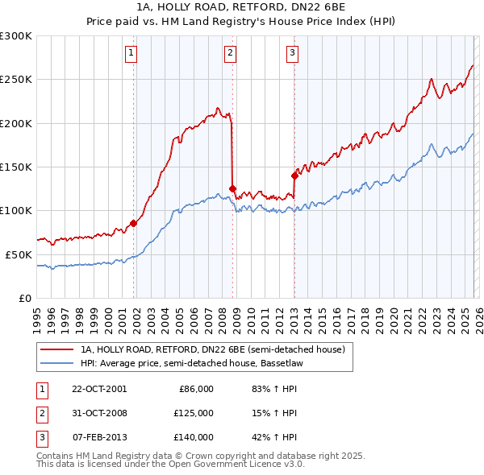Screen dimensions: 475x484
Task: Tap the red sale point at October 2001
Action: coord(133,223)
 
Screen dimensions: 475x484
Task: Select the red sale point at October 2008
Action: coord(232,189)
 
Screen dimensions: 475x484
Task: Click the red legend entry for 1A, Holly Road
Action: coord(213,349)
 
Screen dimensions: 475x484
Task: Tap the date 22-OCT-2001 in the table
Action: coord(98,389)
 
